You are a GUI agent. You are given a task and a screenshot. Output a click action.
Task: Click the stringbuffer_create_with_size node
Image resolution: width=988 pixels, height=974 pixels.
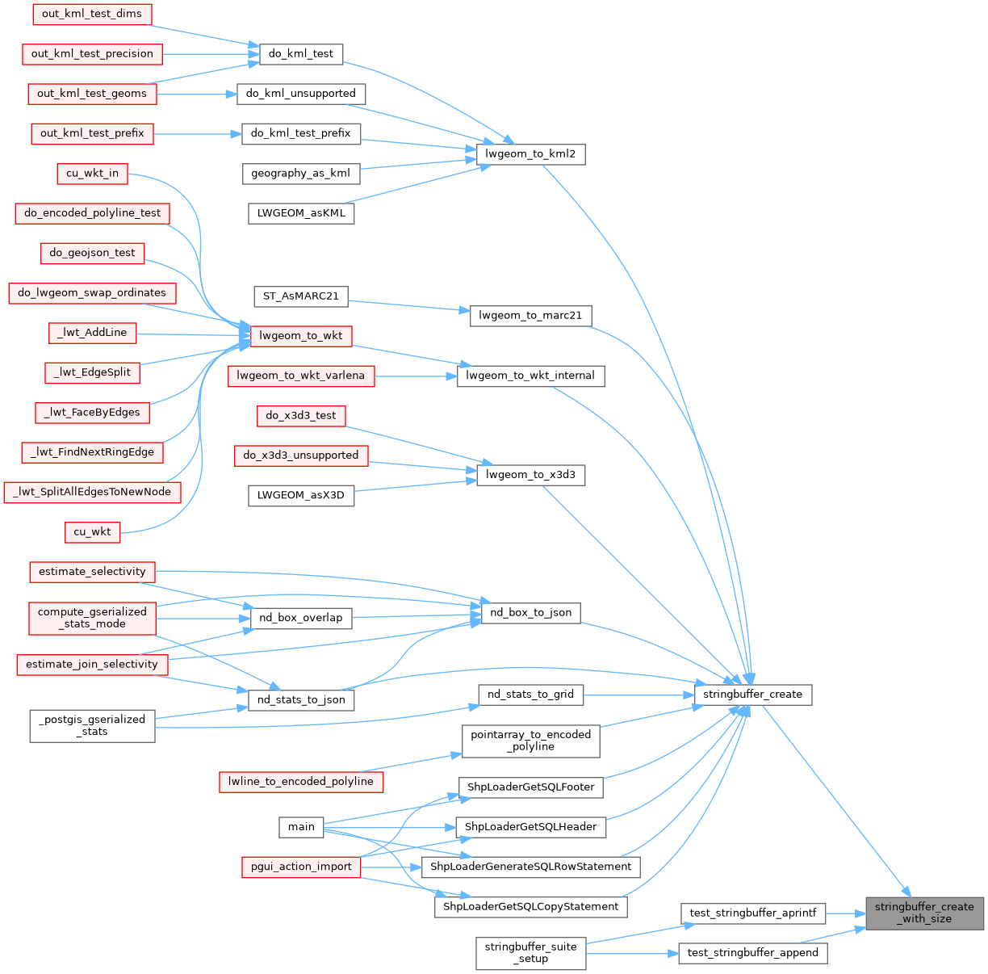point(924,913)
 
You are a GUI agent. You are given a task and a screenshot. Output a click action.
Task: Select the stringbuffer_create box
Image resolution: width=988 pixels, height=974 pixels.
point(752,694)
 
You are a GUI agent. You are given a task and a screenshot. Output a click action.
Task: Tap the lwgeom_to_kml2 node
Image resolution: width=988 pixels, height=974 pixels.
point(530,153)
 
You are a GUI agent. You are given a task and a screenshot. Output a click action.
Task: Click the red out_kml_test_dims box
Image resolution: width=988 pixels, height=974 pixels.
point(92,14)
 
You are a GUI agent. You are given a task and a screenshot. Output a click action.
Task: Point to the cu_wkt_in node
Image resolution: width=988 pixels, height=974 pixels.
point(92,173)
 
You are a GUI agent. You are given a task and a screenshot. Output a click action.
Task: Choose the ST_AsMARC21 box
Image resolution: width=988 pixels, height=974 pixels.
point(300,296)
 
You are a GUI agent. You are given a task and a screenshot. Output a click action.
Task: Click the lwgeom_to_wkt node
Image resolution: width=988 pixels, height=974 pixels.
point(301,335)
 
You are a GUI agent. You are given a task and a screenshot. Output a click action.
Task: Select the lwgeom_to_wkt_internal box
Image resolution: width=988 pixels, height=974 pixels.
point(530,376)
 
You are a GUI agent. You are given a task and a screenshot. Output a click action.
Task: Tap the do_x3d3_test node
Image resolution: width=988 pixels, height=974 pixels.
point(301,415)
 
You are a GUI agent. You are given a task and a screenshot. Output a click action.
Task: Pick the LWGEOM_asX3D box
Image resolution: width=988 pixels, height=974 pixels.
point(301,495)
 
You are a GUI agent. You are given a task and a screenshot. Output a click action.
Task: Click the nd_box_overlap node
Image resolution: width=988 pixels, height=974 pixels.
point(301,618)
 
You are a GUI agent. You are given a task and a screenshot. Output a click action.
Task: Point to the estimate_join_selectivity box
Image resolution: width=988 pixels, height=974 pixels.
point(92,664)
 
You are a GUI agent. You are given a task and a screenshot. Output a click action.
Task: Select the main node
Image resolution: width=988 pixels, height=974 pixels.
point(301,826)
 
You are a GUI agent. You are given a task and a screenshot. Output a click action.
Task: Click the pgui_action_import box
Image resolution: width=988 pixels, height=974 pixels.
point(301,867)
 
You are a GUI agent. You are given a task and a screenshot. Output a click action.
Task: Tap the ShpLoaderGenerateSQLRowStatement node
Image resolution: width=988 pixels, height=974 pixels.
point(530,867)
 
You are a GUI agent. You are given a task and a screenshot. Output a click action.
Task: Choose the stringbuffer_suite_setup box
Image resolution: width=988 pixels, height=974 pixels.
point(530,952)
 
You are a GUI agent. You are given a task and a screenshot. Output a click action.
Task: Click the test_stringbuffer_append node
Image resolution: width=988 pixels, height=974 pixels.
point(752,953)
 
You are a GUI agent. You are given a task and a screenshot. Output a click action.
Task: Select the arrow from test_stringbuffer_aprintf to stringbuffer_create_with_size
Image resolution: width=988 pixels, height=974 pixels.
point(845,913)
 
